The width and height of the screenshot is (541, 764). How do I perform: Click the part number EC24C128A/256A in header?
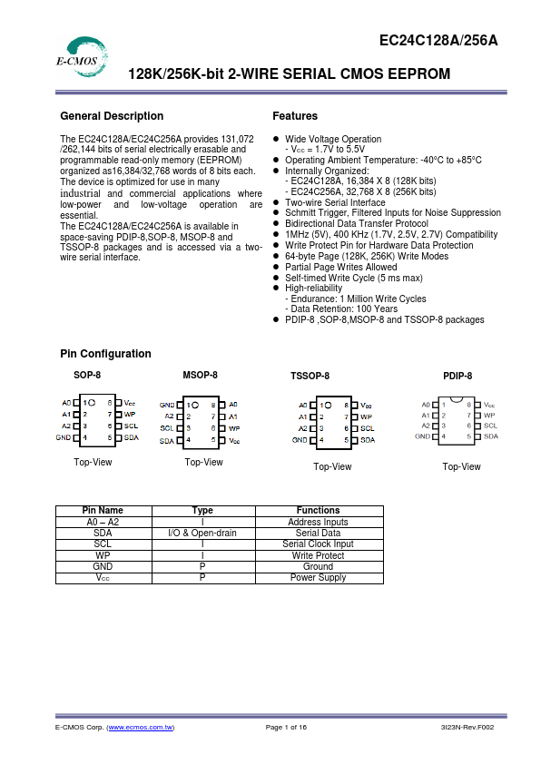tap(438, 41)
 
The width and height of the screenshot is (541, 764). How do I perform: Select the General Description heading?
tap(112, 116)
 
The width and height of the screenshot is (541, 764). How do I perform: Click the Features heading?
tap(295, 116)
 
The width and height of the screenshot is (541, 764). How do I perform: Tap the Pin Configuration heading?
tap(105, 354)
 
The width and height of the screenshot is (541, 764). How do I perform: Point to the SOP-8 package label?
tap(87, 375)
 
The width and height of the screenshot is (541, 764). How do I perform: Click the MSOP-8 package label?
tap(200, 375)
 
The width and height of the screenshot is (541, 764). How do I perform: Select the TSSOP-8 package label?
tap(310, 376)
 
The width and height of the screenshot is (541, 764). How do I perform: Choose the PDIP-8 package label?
tap(457, 376)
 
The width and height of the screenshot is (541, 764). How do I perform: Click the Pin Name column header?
tap(103, 511)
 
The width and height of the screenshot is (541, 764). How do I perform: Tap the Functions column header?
tap(318, 511)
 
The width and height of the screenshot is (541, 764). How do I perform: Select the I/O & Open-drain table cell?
tap(202, 534)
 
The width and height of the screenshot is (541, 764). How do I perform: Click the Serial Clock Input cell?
tap(318, 544)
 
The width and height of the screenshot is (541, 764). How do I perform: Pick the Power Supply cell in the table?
tap(318, 577)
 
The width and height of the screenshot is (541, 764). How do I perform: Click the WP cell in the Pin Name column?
tap(103, 555)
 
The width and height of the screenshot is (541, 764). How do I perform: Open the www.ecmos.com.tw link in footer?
tap(141, 728)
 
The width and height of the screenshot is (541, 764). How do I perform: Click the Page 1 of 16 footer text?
tap(286, 728)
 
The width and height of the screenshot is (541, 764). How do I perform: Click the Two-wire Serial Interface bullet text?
tap(335, 202)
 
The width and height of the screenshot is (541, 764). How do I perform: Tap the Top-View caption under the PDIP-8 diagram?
tap(461, 466)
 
